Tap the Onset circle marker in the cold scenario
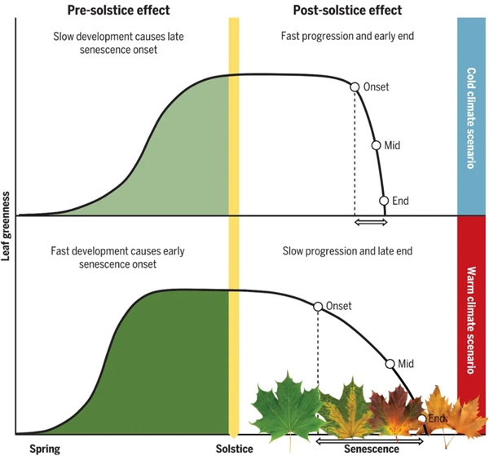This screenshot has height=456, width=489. pos(355,86)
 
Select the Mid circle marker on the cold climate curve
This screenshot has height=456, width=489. pos(377,145)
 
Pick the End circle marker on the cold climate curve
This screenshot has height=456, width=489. pos(384,200)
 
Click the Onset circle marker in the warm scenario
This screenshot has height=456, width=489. pos(317,306)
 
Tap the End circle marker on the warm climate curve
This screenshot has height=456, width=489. pos(422,418)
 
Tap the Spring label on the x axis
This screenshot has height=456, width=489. pos(45,448)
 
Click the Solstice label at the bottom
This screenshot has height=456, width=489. pos(235,448)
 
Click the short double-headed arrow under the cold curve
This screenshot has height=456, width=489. pos(369,222)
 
